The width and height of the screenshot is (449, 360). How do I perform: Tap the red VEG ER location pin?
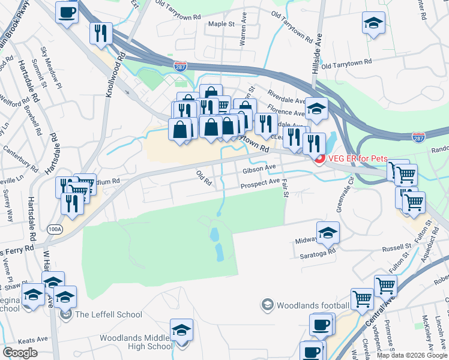pos(319,159)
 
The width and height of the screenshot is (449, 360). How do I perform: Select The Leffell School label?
pos(108,314)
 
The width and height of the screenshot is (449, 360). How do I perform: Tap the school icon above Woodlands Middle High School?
pos(181,331)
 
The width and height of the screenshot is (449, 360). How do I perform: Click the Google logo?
pos(20,352)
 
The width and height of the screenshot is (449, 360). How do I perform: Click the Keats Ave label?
pos(32,339)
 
